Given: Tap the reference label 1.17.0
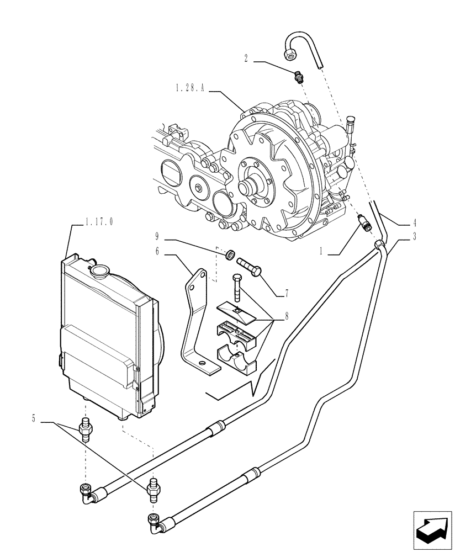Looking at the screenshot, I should tap(99, 221).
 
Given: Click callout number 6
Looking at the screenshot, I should tap(157, 251).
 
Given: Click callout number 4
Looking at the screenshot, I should tap(414, 224).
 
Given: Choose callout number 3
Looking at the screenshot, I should tap(414, 236).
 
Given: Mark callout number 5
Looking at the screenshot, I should tap(34, 419).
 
